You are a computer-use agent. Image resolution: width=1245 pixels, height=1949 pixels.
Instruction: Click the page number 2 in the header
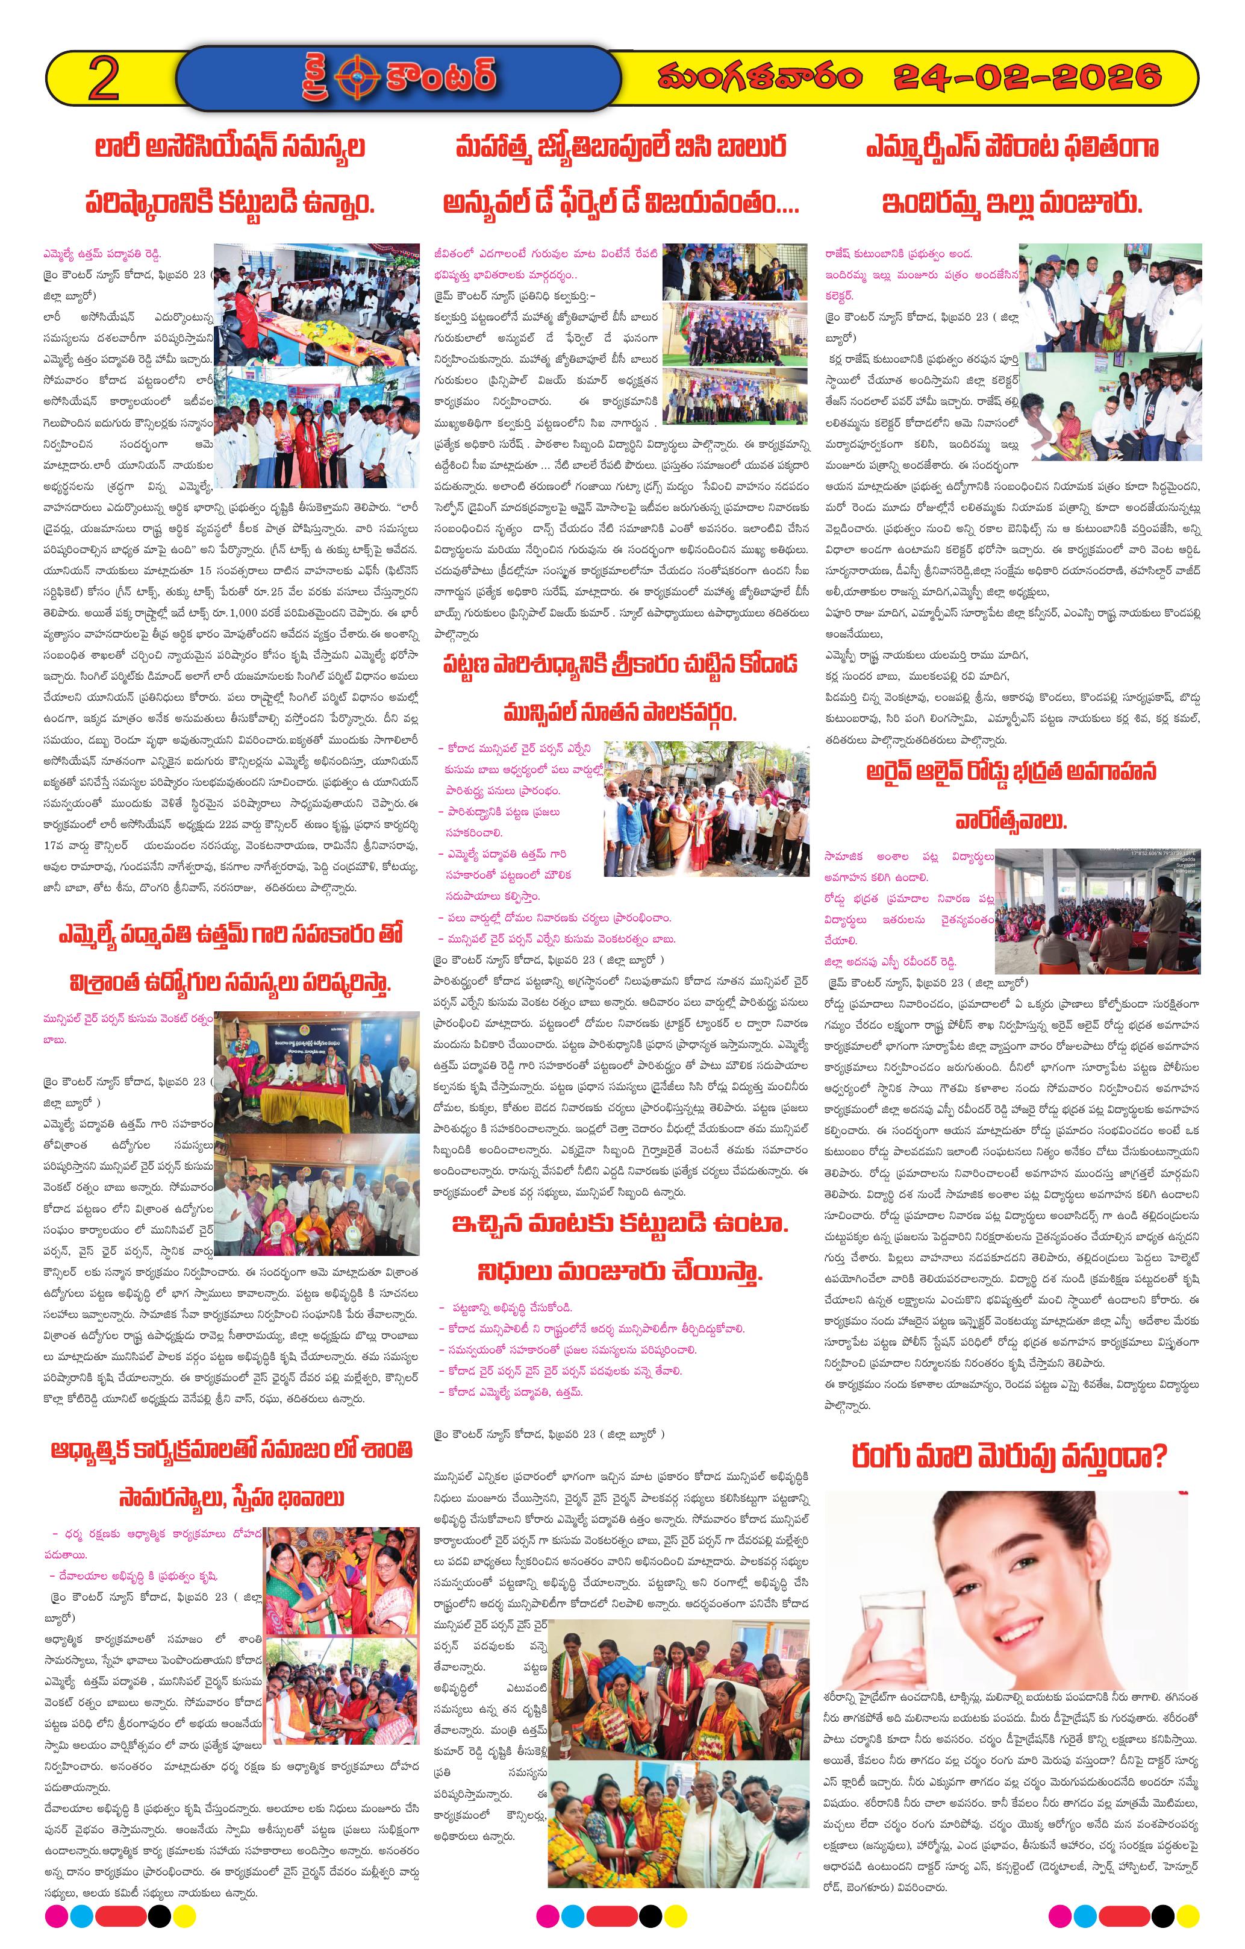[104, 78]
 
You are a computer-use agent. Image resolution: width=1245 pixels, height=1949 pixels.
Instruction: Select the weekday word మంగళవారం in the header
[759, 78]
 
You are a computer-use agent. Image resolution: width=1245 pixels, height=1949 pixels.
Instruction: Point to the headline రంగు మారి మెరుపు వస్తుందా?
[1009, 1458]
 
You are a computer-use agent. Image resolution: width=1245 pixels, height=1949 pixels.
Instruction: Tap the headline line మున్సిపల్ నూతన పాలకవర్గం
[620, 713]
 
